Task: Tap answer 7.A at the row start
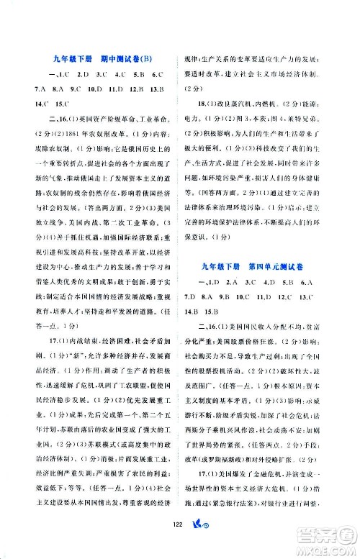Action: pos(30,90)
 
